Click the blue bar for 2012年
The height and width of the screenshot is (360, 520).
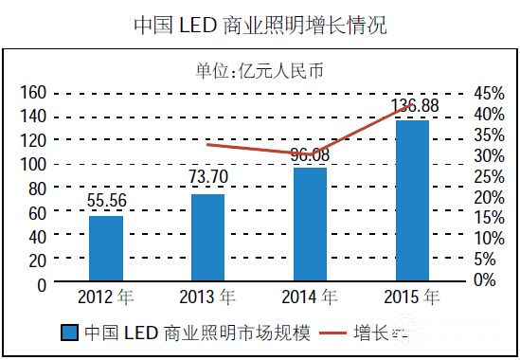pyautogui.click(x=106, y=248)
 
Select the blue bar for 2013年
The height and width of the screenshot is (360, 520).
pyautogui.click(x=207, y=238)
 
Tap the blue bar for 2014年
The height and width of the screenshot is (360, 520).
pyautogui.click(x=310, y=225)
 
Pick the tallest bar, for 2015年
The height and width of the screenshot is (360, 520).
pyautogui.click(x=412, y=201)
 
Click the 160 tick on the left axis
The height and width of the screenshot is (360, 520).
pyautogui.click(x=33, y=92)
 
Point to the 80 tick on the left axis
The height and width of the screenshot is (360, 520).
pyautogui.click(x=37, y=189)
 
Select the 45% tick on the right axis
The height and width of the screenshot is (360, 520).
pyautogui.click(x=489, y=93)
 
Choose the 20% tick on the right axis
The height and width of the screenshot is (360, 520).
pyautogui.click(x=489, y=197)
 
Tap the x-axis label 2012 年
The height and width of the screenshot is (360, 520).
pyautogui.click(x=106, y=297)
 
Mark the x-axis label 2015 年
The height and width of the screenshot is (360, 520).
pyautogui.click(x=412, y=297)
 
